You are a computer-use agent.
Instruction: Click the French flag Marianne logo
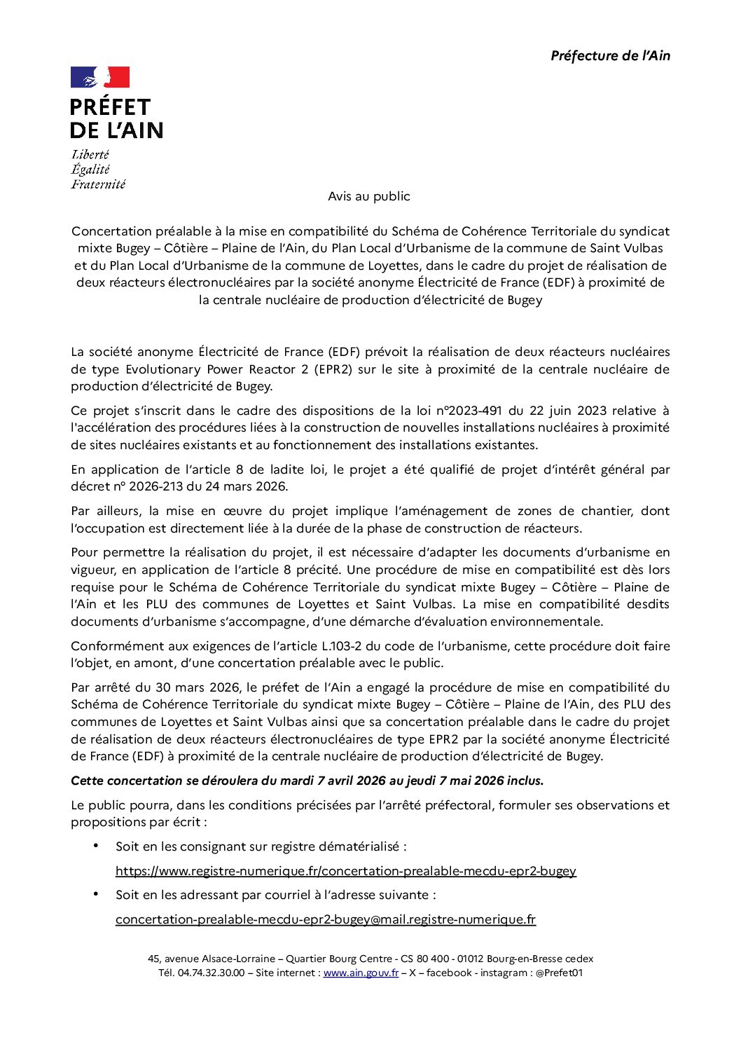(100, 77)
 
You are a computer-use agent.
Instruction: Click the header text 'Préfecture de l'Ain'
(610, 56)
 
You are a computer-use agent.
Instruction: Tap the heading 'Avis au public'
(369, 197)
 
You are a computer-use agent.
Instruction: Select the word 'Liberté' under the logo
(90, 155)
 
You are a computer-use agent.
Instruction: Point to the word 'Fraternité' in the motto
(98, 184)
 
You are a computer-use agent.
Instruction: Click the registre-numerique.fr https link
(345, 871)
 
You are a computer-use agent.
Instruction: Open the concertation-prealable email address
(325, 919)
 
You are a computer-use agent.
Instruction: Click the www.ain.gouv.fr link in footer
(361, 973)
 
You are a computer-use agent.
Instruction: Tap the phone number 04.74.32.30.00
(211, 973)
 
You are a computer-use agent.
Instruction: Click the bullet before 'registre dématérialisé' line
(96, 846)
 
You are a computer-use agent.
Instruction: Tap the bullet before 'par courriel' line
(96, 894)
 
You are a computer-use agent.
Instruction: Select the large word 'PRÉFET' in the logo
(111, 107)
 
